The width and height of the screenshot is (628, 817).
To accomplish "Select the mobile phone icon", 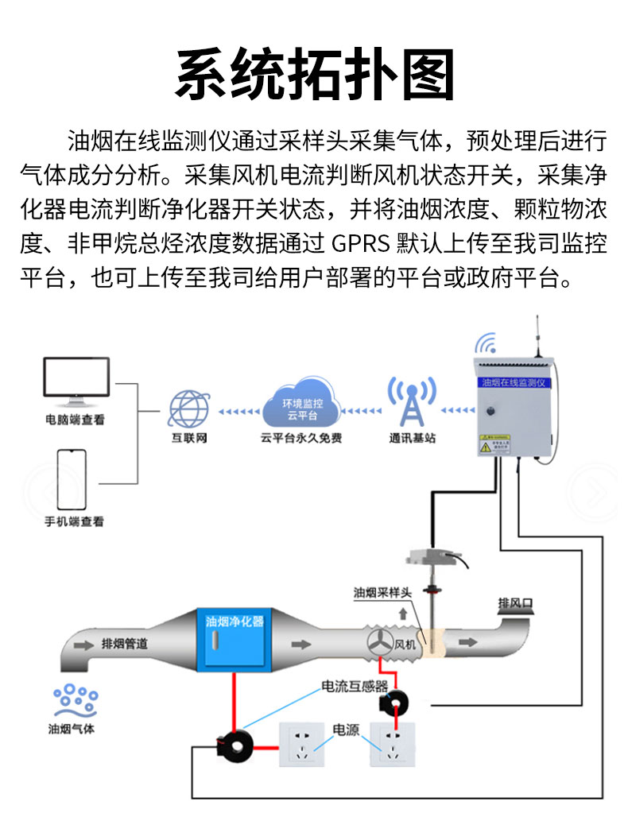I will click(72, 479).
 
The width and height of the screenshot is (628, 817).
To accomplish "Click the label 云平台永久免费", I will click(300, 438).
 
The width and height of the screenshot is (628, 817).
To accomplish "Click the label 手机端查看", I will click(74, 522).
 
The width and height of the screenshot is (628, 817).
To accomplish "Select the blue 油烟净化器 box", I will click(235, 640).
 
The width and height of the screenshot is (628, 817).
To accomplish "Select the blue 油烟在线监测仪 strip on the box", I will click(512, 382).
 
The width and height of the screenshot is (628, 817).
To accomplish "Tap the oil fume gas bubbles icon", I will click(75, 701).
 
